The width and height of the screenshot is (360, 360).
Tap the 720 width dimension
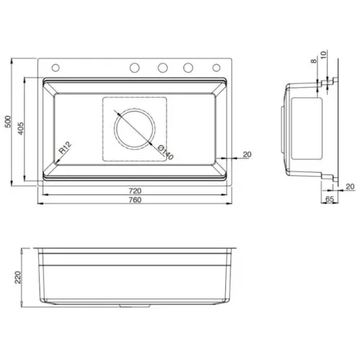[x=134, y=191]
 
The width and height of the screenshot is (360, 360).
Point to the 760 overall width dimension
[x=134, y=199]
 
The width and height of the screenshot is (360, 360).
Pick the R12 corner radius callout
[x=65, y=149]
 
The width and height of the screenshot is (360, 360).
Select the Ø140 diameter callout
[x=163, y=153]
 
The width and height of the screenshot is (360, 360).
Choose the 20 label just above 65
[x=349, y=186]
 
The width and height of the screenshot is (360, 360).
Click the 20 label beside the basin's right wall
[x=247, y=154]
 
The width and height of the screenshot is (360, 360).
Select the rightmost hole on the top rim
[x=215, y=68]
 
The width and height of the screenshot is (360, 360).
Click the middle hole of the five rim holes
[x=162, y=68]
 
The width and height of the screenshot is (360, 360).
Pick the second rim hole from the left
[x=135, y=68]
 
